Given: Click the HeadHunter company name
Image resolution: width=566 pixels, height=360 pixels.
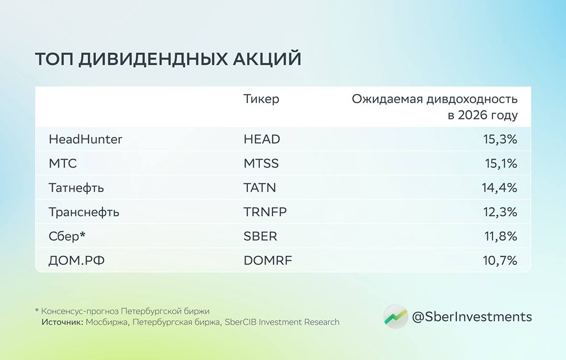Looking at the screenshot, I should pyautogui.click(x=85, y=139).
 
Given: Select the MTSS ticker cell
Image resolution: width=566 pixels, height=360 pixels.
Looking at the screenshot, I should pyautogui.click(x=261, y=164).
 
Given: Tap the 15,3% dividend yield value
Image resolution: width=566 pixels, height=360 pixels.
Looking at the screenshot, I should pyautogui.click(x=499, y=139).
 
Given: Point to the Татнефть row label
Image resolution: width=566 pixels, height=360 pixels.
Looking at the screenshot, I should pyautogui.click(x=76, y=188).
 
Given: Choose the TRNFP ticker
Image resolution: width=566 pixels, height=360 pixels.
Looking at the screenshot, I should pyautogui.click(x=265, y=212).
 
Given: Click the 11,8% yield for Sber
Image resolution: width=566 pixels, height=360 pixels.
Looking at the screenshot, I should pyautogui.click(x=500, y=237).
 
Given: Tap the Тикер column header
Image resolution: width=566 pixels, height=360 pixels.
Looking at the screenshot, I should pyautogui.click(x=261, y=100).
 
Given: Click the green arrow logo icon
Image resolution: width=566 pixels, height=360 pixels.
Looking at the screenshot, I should pyautogui.click(x=395, y=316).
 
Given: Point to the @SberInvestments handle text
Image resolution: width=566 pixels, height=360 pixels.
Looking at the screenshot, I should pyautogui.click(x=471, y=316).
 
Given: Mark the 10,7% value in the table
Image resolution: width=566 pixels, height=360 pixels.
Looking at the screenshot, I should pyautogui.click(x=500, y=261).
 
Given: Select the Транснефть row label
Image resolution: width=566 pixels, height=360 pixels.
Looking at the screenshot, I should pyautogui.click(x=84, y=212).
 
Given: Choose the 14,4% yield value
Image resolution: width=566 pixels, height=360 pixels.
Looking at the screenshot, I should pyautogui.click(x=499, y=188).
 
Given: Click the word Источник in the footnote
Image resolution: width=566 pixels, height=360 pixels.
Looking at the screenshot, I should pyautogui.click(x=62, y=322).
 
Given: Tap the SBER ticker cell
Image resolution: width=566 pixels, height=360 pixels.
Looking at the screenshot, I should pyautogui.click(x=260, y=237).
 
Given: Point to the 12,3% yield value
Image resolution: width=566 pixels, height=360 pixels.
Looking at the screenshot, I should pyautogui.click(x=500, y=212).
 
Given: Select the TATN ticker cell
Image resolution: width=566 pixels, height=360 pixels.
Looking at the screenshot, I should pyautogui.click(x=260, y=188).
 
